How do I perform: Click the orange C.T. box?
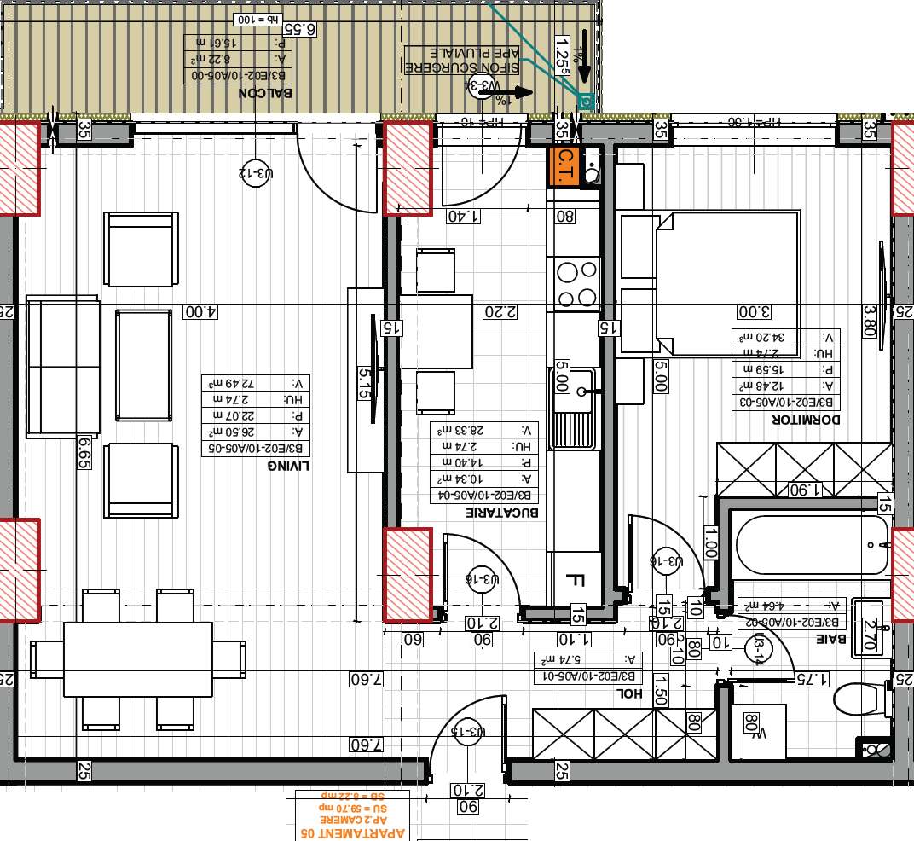pyautogui.click(x=564, y=165)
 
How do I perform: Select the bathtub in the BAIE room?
pyautogui.click(x=811, y=544)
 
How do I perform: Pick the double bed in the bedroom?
pyautogui.click(x=725, y=282)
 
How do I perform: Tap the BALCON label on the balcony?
pyautogui.click(x=266, y=93)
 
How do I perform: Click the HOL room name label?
pyautogui.click(x=628, y=693)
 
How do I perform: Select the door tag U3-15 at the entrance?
pyautogui.click(x=467, y=731)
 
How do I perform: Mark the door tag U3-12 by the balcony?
pyautogui.click(x=256, y=174)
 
